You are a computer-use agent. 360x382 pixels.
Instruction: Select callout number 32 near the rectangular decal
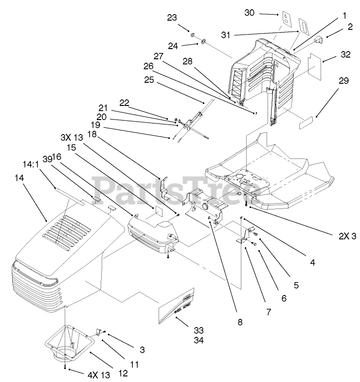pyautogui.click(x=345, y=55)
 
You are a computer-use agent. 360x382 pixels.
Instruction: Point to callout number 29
pyautogui.click(x=343, y=81)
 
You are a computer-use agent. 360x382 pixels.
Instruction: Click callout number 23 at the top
pyautogui.click(x=172, y=17)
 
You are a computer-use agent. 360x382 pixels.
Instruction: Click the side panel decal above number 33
pyautogui.click(x=176, y=305)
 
